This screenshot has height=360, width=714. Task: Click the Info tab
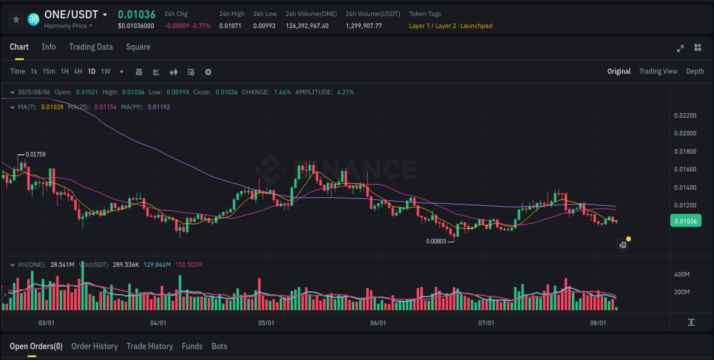pyautogui.click(x=49, y=47)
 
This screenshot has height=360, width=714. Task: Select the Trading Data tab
pyautogui.click(x=91, y=47)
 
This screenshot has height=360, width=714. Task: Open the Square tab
pyautogui.click(x=138, y=47)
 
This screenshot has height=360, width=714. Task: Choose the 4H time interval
pyautogui.click(x=78, y=71)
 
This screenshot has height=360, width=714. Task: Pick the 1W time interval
pyautogui.click(x=106, y=71)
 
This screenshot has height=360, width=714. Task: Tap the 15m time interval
pyautogui.click(x=49, y=71)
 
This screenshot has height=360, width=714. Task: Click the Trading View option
pyautogui.click(x=658, y=71)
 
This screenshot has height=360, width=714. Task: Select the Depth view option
pyautogui.click(x=695, y=71)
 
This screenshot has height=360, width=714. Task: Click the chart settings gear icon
pyautogui.click(x=208, y=72)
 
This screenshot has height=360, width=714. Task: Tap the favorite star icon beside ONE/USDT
pyautogui.click(x=17, y=19)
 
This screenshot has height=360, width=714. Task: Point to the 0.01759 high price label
pyautogui.click(x=35, y=154)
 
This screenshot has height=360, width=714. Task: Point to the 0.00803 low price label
pyautogui.click(x=436, y=241)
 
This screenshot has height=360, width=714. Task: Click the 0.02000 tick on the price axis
pyautogui.click(x=685, y=134)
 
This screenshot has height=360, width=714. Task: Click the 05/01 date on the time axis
pyautogui.click(x=266, y=323)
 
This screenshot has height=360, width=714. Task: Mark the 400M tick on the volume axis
pyautogui.click(x=682, y=274)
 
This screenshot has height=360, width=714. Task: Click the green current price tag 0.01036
pyautogui.click(x=685, y=221)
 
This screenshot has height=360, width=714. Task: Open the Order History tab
pyautogui.click(x=94, y=346)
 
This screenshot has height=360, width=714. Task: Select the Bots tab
pyautogui.click(x=219, y=346)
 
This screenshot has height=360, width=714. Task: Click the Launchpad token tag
pyautogui.click(x=476, y=26)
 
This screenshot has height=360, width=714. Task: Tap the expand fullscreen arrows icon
pyautogui.click(x=680, y=48)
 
